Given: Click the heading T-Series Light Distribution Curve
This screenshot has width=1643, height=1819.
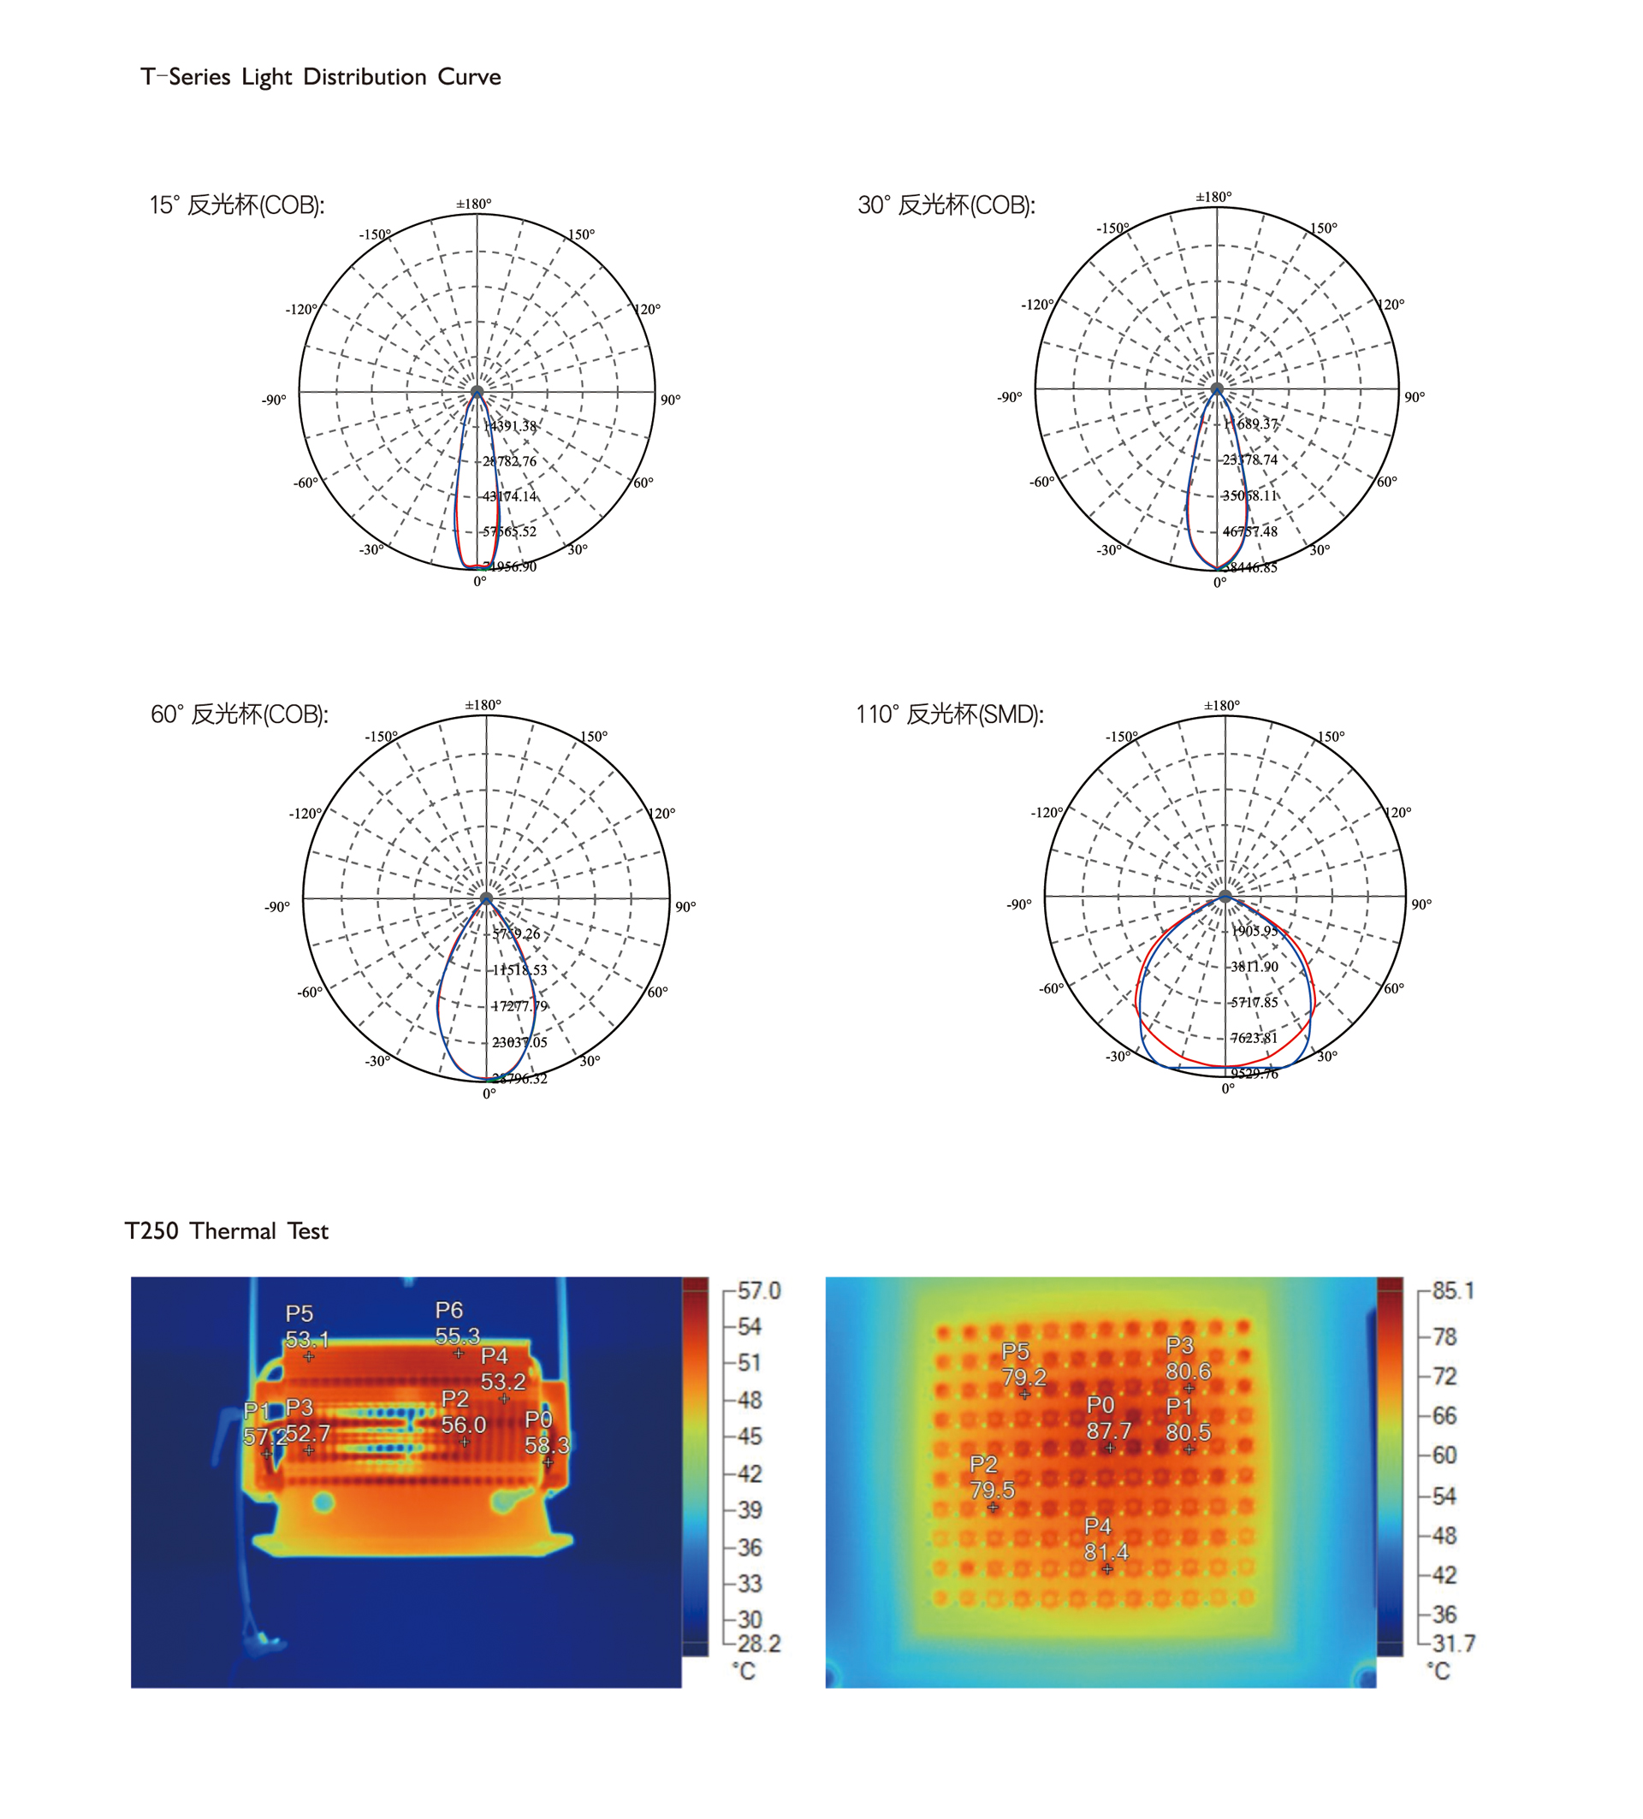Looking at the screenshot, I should [x=320, y=77].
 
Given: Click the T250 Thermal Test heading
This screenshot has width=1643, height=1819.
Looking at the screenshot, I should [x=227, y=1230].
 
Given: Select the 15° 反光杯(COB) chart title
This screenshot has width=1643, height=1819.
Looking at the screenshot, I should [x=236, y=205].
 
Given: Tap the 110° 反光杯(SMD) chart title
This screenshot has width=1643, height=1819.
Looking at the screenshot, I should [x=949, y=714].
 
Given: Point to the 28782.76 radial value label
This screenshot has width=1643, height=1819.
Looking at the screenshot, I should [x=510, y=461].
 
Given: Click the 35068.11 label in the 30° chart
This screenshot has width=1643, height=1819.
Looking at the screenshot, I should [x=1249, y=495].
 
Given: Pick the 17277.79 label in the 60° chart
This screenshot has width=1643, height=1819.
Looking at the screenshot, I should [x=519, y=1006].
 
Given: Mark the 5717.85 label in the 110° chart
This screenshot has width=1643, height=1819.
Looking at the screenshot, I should [x=1254, y=1003].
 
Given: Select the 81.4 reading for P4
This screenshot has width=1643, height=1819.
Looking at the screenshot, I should [x=1106, y=1552].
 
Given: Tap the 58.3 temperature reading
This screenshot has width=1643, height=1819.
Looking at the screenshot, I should [x=546, y=1444].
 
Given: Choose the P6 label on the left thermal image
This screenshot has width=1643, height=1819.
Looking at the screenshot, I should [x=448, y=1310].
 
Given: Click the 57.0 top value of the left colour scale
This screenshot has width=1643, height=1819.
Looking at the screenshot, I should [x=759, y=1291].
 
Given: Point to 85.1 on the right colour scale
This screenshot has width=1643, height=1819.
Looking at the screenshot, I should [x=1453, y=1291].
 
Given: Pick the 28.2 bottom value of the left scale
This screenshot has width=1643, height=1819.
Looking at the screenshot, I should [x=759, y=1644].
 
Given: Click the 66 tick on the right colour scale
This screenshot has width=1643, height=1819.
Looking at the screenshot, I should [x=1444, y=1416].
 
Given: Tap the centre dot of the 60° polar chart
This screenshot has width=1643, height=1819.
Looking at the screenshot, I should [x=486, y=898].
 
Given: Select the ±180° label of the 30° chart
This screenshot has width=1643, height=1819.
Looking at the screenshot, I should [x=1213, y=197].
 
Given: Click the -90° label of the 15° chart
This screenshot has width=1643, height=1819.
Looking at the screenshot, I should [x=275, y=400].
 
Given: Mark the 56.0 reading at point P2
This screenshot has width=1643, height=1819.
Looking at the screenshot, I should [x=463, y=1425].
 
